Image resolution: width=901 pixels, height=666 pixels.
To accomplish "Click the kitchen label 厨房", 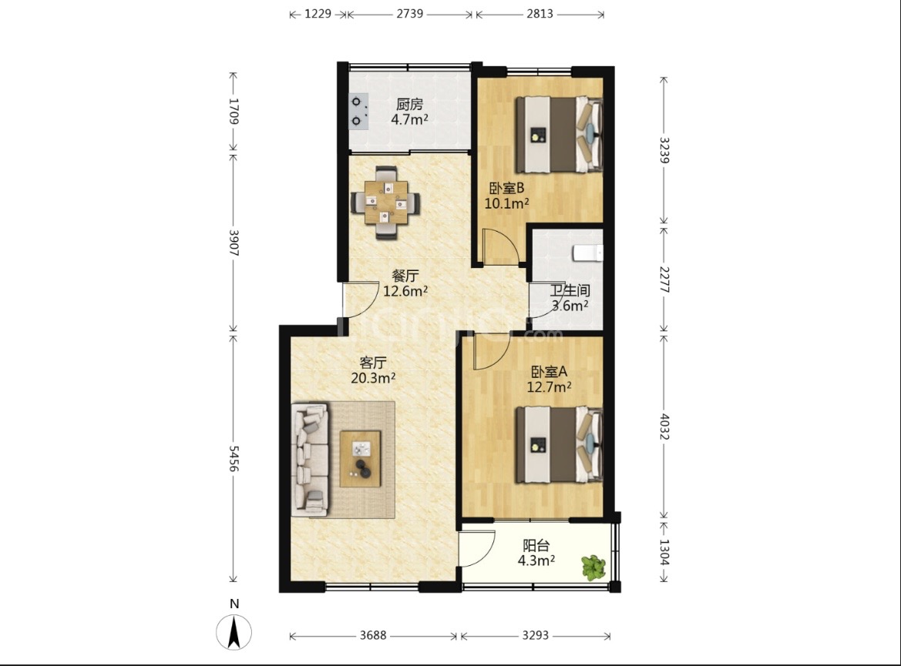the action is [410, 105].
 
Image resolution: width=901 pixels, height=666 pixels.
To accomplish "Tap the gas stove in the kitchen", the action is [358, 111].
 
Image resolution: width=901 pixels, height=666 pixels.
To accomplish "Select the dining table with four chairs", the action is [385, 202].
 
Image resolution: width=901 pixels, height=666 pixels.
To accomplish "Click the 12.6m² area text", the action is [405, 291].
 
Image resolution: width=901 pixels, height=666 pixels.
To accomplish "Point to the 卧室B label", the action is [506, 188].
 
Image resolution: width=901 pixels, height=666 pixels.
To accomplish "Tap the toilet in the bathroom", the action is [588, 253].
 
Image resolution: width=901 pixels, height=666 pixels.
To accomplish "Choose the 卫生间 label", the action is [570, 290].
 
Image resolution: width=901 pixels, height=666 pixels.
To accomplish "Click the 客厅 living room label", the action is [373, 363].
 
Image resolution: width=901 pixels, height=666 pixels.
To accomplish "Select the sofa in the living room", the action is [311, 458].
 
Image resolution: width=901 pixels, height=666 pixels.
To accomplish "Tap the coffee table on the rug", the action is [360, 459].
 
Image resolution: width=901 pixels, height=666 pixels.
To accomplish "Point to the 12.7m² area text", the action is [550, 387].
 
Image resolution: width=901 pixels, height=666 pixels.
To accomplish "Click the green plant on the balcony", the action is [593, 567].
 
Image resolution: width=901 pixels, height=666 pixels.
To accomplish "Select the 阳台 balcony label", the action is [536, 545].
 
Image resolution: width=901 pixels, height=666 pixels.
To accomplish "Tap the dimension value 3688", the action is [374, 635].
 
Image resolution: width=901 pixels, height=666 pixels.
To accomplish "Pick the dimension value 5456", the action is [234, 458].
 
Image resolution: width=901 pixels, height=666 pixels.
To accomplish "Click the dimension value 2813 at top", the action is [540, 14].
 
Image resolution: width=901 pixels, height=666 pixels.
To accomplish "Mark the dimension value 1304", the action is [664, 552].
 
